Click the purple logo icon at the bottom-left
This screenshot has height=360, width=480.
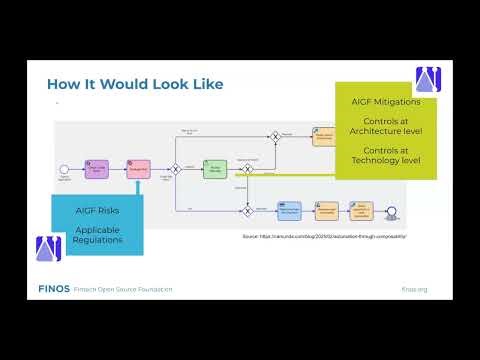coord(48,249)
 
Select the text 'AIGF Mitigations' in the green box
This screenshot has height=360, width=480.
coord(385,102)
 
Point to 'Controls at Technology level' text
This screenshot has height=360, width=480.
coord(385,154)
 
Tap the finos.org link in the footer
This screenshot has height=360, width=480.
coord(414,289)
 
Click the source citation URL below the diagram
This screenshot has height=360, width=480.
coord(324,236)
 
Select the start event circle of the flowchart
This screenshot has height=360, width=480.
coord(64,169)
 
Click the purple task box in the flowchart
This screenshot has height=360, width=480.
coord(96,168)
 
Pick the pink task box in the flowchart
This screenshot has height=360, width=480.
coord(138,168)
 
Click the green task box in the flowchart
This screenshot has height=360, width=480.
coord(215,169)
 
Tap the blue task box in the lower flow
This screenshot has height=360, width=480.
coord(289,210)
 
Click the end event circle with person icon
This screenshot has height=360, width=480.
coord(391,211)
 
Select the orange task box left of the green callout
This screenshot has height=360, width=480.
coord(322,136)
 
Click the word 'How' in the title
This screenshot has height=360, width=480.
coord(67,83)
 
